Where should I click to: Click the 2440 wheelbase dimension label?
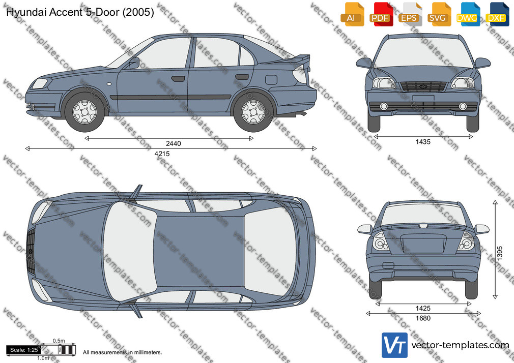(x=174, y=143)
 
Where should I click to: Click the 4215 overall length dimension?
(x=162, y=154)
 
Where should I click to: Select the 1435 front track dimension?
(x=423, y=142)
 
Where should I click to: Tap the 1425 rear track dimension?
(x=423, y=308)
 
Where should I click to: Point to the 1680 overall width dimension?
(x=423, y=318)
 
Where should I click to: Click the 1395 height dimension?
(x=500, y=253)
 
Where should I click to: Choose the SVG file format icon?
(x=438, y=14)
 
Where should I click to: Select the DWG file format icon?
(x=468, y=14)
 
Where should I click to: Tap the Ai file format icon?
(x=352, y=14)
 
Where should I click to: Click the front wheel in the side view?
(x=85, y=112)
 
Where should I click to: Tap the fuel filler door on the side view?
(x=271, y=80)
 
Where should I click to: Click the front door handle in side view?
(x=178, y=79)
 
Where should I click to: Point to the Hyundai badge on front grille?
(x=423, y=86)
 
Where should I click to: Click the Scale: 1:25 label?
(x=24, y=350)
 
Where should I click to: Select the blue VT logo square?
(x=395, y=345)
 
